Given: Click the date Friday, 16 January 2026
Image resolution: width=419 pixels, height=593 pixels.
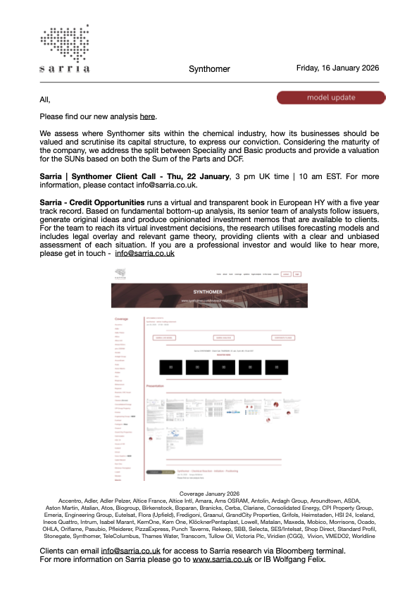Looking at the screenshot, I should [x=338, y=68].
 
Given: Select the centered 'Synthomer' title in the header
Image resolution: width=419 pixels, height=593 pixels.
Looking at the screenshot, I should [x=209, y=69].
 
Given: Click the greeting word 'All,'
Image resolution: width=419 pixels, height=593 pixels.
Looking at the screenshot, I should [x=46, y=99].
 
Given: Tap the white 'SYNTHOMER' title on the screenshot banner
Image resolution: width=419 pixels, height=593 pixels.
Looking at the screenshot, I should [x=209, y=291].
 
